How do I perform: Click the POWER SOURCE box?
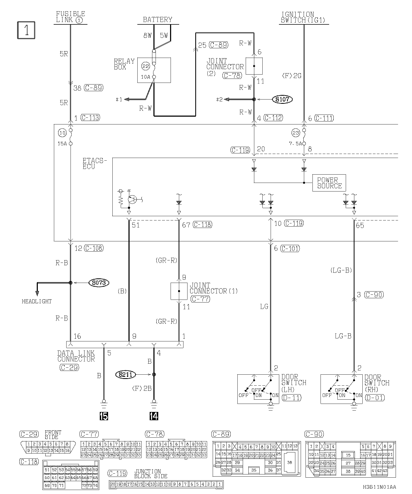tap(329, 183)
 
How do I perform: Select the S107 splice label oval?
tap(282, 99)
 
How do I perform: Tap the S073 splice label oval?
tap(99, 283)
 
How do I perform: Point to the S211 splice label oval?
tap(125, 374)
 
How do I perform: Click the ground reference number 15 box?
tap(104, 416)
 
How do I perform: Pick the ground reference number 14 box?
tap(154, 416)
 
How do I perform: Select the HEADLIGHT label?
tap(36, 301)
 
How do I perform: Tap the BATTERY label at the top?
tap(157, 20)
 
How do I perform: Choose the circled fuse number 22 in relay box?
tap(145, 66)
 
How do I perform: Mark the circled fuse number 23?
tap(296, 133)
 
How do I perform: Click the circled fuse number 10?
tap(62, 133)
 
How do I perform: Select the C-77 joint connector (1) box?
tap(179, 291)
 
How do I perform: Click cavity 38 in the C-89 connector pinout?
tap(289, 462)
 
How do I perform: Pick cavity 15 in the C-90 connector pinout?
tap(348, 455)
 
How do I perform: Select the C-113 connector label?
tap(90, 117)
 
